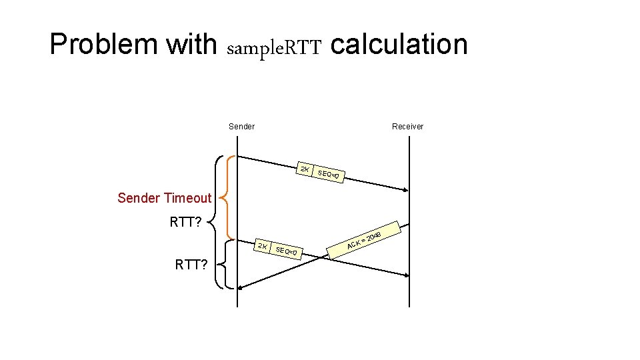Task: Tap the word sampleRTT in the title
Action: pyautogui.click(x=275, y=48)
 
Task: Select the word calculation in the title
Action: pyautogui.click(x=399, y=44)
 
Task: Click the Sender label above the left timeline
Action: pyautogui.click(x=241, y=127)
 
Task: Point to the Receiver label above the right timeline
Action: pyautogui.click(x=407, y=127)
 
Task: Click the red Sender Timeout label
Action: pyautogui.click(x=164, y=198)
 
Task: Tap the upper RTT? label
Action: pyautogui.click(x=186, y=222)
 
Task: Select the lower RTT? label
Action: pyautogui.click(x=191, y=265)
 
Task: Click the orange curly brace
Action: pyautogui.click(x=227, y=197)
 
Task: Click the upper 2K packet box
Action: pyautogui.click(x=304, y=169)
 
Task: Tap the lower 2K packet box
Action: pyautogui.click(x=264, y=247)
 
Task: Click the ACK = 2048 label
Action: pyautogui.click(x=364, y=241)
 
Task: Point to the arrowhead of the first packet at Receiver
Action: pyautogui.click(x=405, y=190)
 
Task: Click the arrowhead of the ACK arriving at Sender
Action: pyautogui.click(x=242, y=287)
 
